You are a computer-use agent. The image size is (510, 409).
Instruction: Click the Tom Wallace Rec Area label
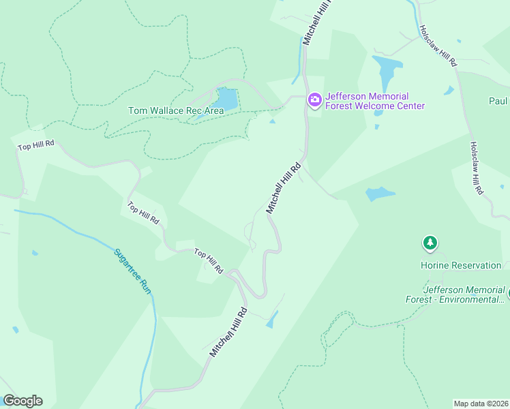click(x=176, y=110)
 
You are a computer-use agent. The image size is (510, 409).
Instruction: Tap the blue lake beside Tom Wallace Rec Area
click(x=226, y=100)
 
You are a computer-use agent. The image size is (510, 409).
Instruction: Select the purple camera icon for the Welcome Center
click(x=314, y=100)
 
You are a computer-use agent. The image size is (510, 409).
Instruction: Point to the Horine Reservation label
click(x=460, y=265)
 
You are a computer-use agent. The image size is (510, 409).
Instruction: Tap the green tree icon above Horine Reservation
click(x=430, y=243)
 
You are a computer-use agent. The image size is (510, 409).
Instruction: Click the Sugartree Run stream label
click(x=132, y=271)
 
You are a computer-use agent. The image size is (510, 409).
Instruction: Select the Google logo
click(x=22, y=401)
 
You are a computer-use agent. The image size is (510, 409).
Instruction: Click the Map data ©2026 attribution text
click(x=481, y=404)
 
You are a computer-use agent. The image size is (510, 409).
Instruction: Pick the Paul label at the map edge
click(x=498, y=102)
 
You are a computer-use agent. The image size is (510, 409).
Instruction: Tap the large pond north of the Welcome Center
click(x=387, y=71)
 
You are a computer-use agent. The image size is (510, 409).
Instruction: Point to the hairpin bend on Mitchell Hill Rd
click(x=260, y=294)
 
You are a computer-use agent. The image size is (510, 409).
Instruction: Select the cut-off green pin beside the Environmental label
click(x=508, y=294)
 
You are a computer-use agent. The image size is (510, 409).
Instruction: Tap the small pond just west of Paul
click(x=449, y=91)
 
